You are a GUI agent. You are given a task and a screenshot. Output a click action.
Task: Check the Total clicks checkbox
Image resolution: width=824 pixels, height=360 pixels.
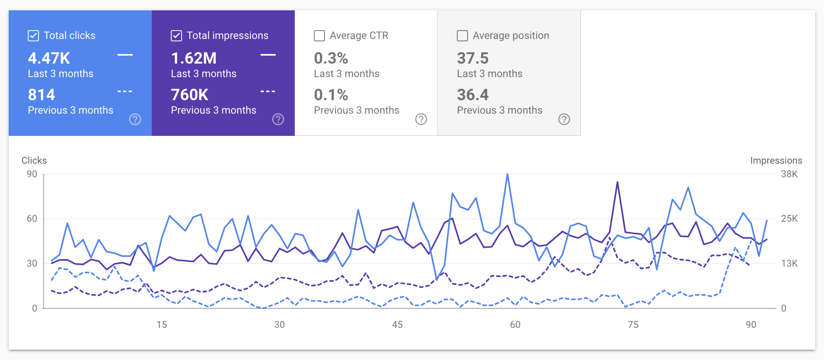point(33,36)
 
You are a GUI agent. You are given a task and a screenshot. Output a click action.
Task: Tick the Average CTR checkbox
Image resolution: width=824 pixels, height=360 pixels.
point(319,36)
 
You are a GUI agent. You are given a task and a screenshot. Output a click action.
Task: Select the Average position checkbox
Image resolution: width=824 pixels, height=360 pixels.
point(462,36)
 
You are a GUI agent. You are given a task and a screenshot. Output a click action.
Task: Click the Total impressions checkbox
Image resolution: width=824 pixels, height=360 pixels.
point(176,36)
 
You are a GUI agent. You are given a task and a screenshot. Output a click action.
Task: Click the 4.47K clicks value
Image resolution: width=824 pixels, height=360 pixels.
point(49,58)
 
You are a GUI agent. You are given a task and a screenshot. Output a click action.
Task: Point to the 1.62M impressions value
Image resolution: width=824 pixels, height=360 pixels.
point(194,58)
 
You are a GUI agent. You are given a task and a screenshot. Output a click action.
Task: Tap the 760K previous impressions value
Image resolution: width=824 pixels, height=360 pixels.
point(190,95)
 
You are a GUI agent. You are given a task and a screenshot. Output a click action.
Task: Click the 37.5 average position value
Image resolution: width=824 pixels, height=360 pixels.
point(472,58)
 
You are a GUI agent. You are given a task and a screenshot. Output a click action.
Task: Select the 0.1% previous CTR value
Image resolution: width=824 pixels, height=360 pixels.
point(331,95)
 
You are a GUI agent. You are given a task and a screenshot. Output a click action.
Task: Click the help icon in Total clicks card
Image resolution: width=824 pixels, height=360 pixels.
point(135,119)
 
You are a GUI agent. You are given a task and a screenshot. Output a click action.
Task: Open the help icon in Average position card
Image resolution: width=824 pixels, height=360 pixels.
point(564,119)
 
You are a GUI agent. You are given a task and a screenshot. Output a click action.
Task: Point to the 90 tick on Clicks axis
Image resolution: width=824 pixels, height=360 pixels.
point(32,174)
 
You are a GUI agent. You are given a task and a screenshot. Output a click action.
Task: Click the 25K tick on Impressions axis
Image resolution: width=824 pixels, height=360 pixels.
point(789,219)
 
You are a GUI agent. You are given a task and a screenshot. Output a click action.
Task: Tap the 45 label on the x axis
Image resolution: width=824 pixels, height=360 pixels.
point(397,325)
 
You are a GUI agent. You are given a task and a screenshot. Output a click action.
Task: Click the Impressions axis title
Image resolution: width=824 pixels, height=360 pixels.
point(776,161)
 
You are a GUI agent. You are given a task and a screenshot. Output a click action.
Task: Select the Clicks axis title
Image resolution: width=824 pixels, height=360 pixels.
point(34,161)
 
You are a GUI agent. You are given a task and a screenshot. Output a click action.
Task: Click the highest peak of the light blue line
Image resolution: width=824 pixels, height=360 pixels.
point(507,174)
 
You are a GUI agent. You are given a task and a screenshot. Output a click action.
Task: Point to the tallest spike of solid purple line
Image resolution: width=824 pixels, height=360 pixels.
point(617,182)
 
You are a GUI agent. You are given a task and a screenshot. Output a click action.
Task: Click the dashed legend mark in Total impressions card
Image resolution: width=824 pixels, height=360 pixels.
point(268,91)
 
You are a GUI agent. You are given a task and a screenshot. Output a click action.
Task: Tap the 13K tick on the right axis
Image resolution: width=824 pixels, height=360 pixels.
point(789,263)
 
